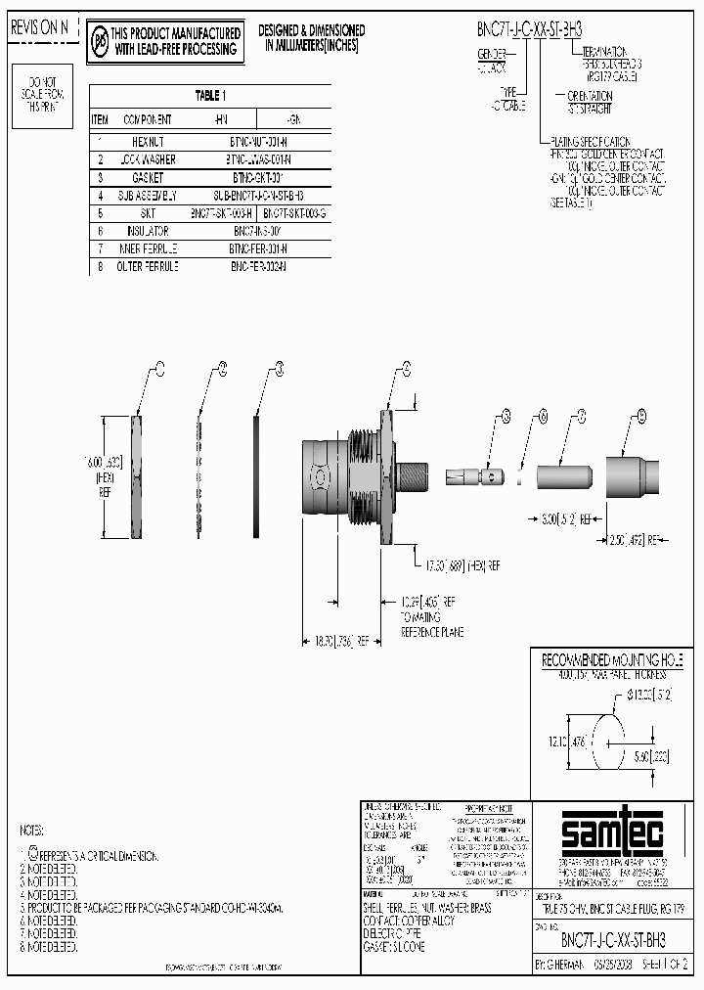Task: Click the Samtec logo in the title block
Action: pyautogui.click(x=614, y=833)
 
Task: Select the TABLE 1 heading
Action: pyautogui.click(x=209, y=96)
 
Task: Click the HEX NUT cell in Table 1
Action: pyautogui.click(x=147, y=140)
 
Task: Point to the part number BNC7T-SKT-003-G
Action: pyautogui.click(x=294, y=211)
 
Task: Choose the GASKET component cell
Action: pyautogui.click(x=147, y=177)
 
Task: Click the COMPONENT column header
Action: pyautogui.click(x=147, y=119)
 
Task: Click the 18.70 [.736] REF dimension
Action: pyautogui.click(x=341, y=642)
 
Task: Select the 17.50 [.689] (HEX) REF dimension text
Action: pyautogui.click(x=462, y=564)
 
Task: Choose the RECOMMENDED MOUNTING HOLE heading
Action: pyautogui.click(x=612, y=661)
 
